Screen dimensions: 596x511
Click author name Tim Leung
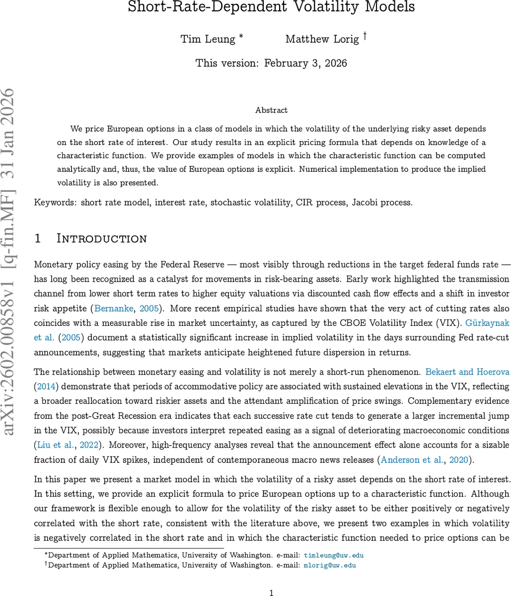click(x=208, y=39)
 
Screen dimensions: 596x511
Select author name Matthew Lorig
click(x=322, y=39)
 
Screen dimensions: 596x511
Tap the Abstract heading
click(x=271, y=110)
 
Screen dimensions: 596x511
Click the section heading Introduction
click(x=102, y=238)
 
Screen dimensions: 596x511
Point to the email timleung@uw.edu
click(x=334, y=555)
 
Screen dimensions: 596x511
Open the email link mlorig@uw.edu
click(x=330, y=565)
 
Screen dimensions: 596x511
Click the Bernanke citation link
click(x=114, y=308)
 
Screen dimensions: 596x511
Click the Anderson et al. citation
click(x=412, y=460)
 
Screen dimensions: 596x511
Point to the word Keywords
click(x=55, y=202)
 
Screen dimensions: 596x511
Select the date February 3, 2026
click(x=305, y=63)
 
